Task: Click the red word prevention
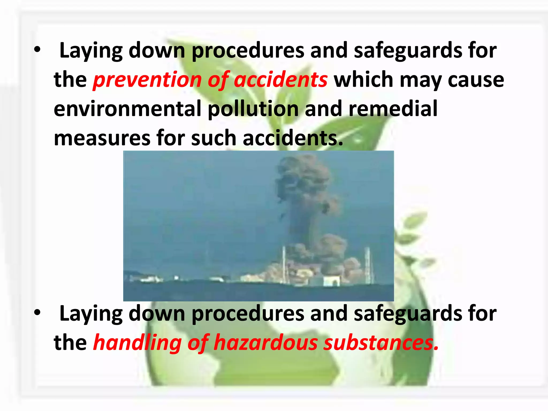coord(147,80)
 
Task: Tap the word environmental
coord(127,109)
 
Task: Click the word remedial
coord(393,109)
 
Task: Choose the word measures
coord(102,138)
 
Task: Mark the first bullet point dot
coord(37,50)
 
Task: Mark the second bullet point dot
coord(37,313)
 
